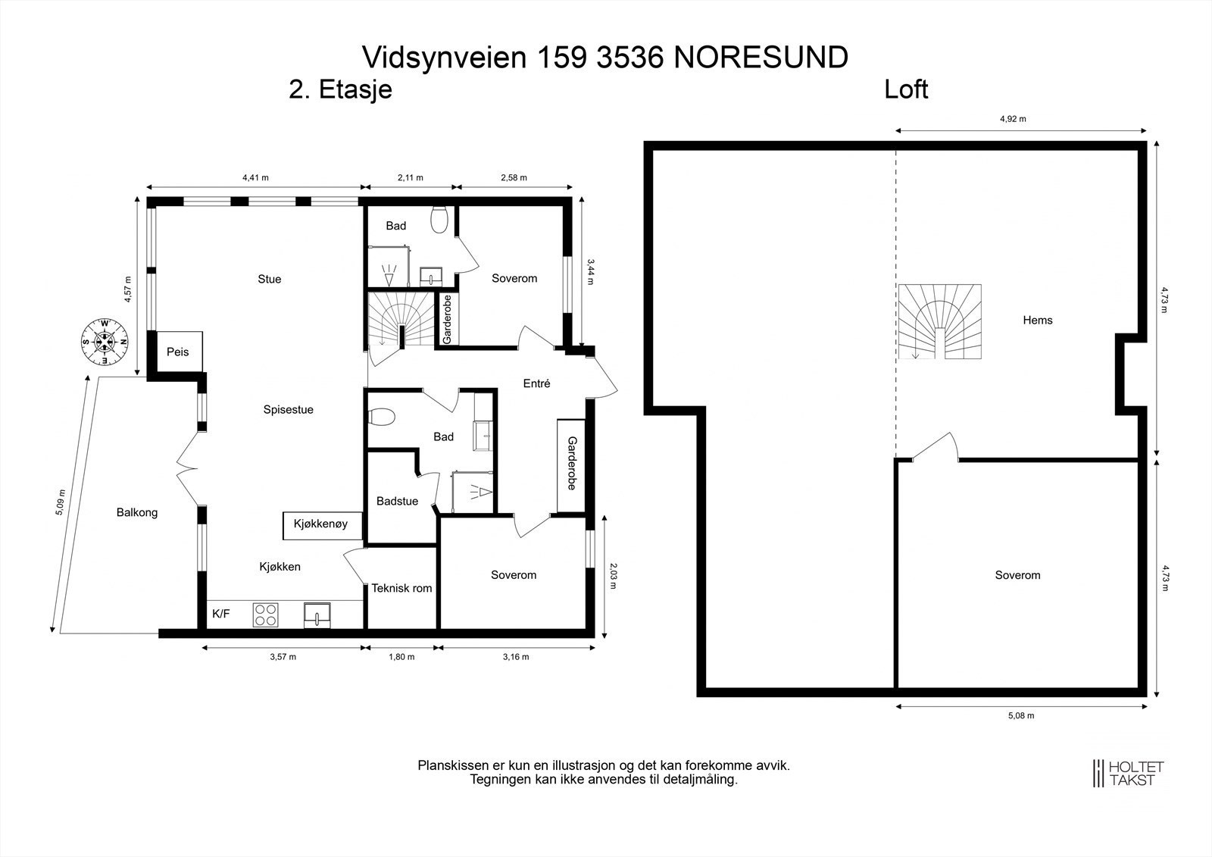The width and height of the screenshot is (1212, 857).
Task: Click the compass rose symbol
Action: pyautogui.click(x=105, y=342)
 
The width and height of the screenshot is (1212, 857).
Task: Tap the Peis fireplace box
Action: pyautogui.click(x=178, y=352)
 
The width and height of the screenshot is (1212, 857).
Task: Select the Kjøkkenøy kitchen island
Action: pyautogui.click(x=320, y=524)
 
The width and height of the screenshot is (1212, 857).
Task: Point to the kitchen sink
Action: pyautogui.click(x=317, y=615)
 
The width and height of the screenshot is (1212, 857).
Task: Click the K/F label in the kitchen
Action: pyautogui.click(x=221, y=614)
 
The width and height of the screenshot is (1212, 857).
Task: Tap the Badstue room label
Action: pyautogui.click(x=397, y=501)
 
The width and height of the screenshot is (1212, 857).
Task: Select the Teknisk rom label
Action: pyautogui.click(x=401, y=588)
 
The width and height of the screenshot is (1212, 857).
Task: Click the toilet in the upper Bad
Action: pyautogui.click(x=439, y=220)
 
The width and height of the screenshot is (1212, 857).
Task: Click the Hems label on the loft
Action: pyautogui.click(x=1037, y=321)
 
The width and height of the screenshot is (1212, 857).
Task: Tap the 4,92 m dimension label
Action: pyautogui.click(x=1013, y=119)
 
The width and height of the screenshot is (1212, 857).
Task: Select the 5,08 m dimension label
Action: pyautogui.click(x=1020, y=715)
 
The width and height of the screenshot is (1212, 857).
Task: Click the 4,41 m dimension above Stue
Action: pyautogui.click(x=255, y=178)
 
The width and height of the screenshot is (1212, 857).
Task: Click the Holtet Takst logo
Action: pyautogui.click(x=1128, y=773)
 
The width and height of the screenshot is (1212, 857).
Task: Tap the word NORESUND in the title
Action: pyautogui.click(x=761, y=58)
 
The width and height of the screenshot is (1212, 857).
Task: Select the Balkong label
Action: pyautogui.click(x=137, y=512)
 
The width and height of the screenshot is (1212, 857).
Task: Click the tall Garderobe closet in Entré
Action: pyautogui.click(x=571, y=463)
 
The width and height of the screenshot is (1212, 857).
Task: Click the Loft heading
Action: pyautogui.click(x=906, y=89)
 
